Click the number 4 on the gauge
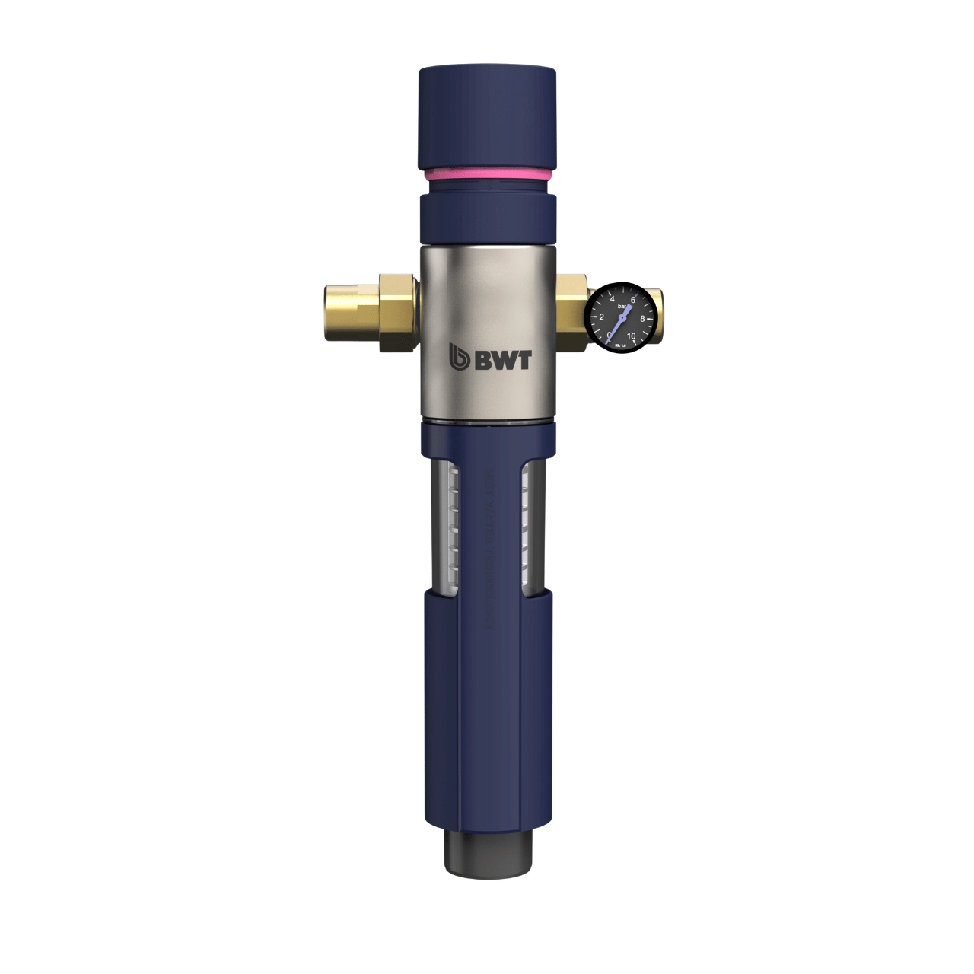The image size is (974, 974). [x=613, y=300]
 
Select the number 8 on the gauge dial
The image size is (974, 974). [x=644, y=318]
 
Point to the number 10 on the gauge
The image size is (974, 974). [x=632, y=336]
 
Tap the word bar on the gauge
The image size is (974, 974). [x=623, y=307]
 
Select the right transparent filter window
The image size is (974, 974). [x=527, y=525]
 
